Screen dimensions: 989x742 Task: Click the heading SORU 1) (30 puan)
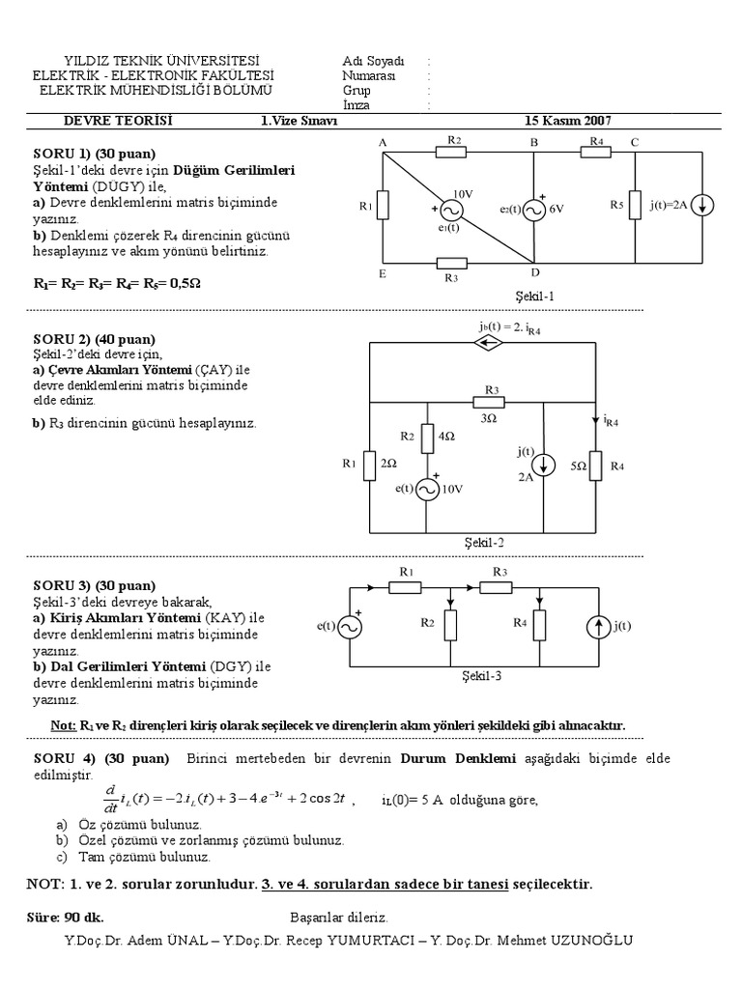point(95,154)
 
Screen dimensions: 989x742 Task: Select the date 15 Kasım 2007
point(567,121)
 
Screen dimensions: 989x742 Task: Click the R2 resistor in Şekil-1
point(453,153)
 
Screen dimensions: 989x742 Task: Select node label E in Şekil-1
point(383,273)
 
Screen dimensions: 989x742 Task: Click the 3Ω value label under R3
point(490,418)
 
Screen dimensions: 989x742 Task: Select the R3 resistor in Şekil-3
point(499,585)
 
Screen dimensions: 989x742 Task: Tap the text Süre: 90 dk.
point(65,917)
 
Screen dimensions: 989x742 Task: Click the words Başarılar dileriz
point(338,917)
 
